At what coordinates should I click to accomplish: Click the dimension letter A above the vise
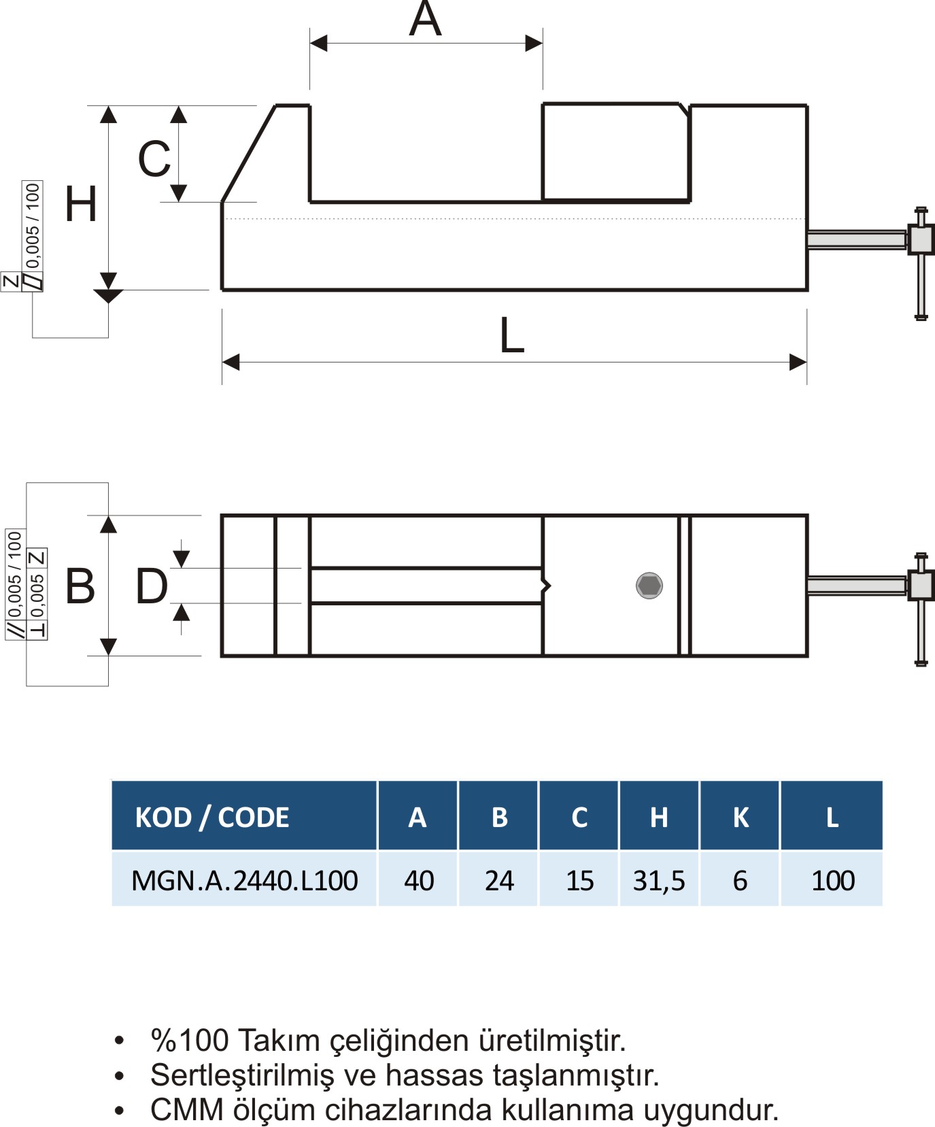426,18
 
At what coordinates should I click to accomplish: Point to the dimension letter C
154,158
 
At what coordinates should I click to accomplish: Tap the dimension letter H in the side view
81,204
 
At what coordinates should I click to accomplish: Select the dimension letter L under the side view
512,335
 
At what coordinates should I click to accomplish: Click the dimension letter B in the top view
80,586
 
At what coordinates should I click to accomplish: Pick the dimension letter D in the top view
152,586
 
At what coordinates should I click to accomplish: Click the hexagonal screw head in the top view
649,586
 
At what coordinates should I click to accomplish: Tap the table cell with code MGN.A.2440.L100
245,881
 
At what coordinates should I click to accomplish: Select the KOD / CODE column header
212,817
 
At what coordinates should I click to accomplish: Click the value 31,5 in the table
659,881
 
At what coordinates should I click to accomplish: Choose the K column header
741,817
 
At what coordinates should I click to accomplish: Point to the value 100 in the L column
833,881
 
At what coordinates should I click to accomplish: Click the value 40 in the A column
419,881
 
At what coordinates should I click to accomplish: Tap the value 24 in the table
499,881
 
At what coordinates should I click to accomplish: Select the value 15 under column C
580,881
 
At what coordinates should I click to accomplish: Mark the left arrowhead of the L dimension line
231,363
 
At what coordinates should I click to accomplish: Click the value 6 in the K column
741,881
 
